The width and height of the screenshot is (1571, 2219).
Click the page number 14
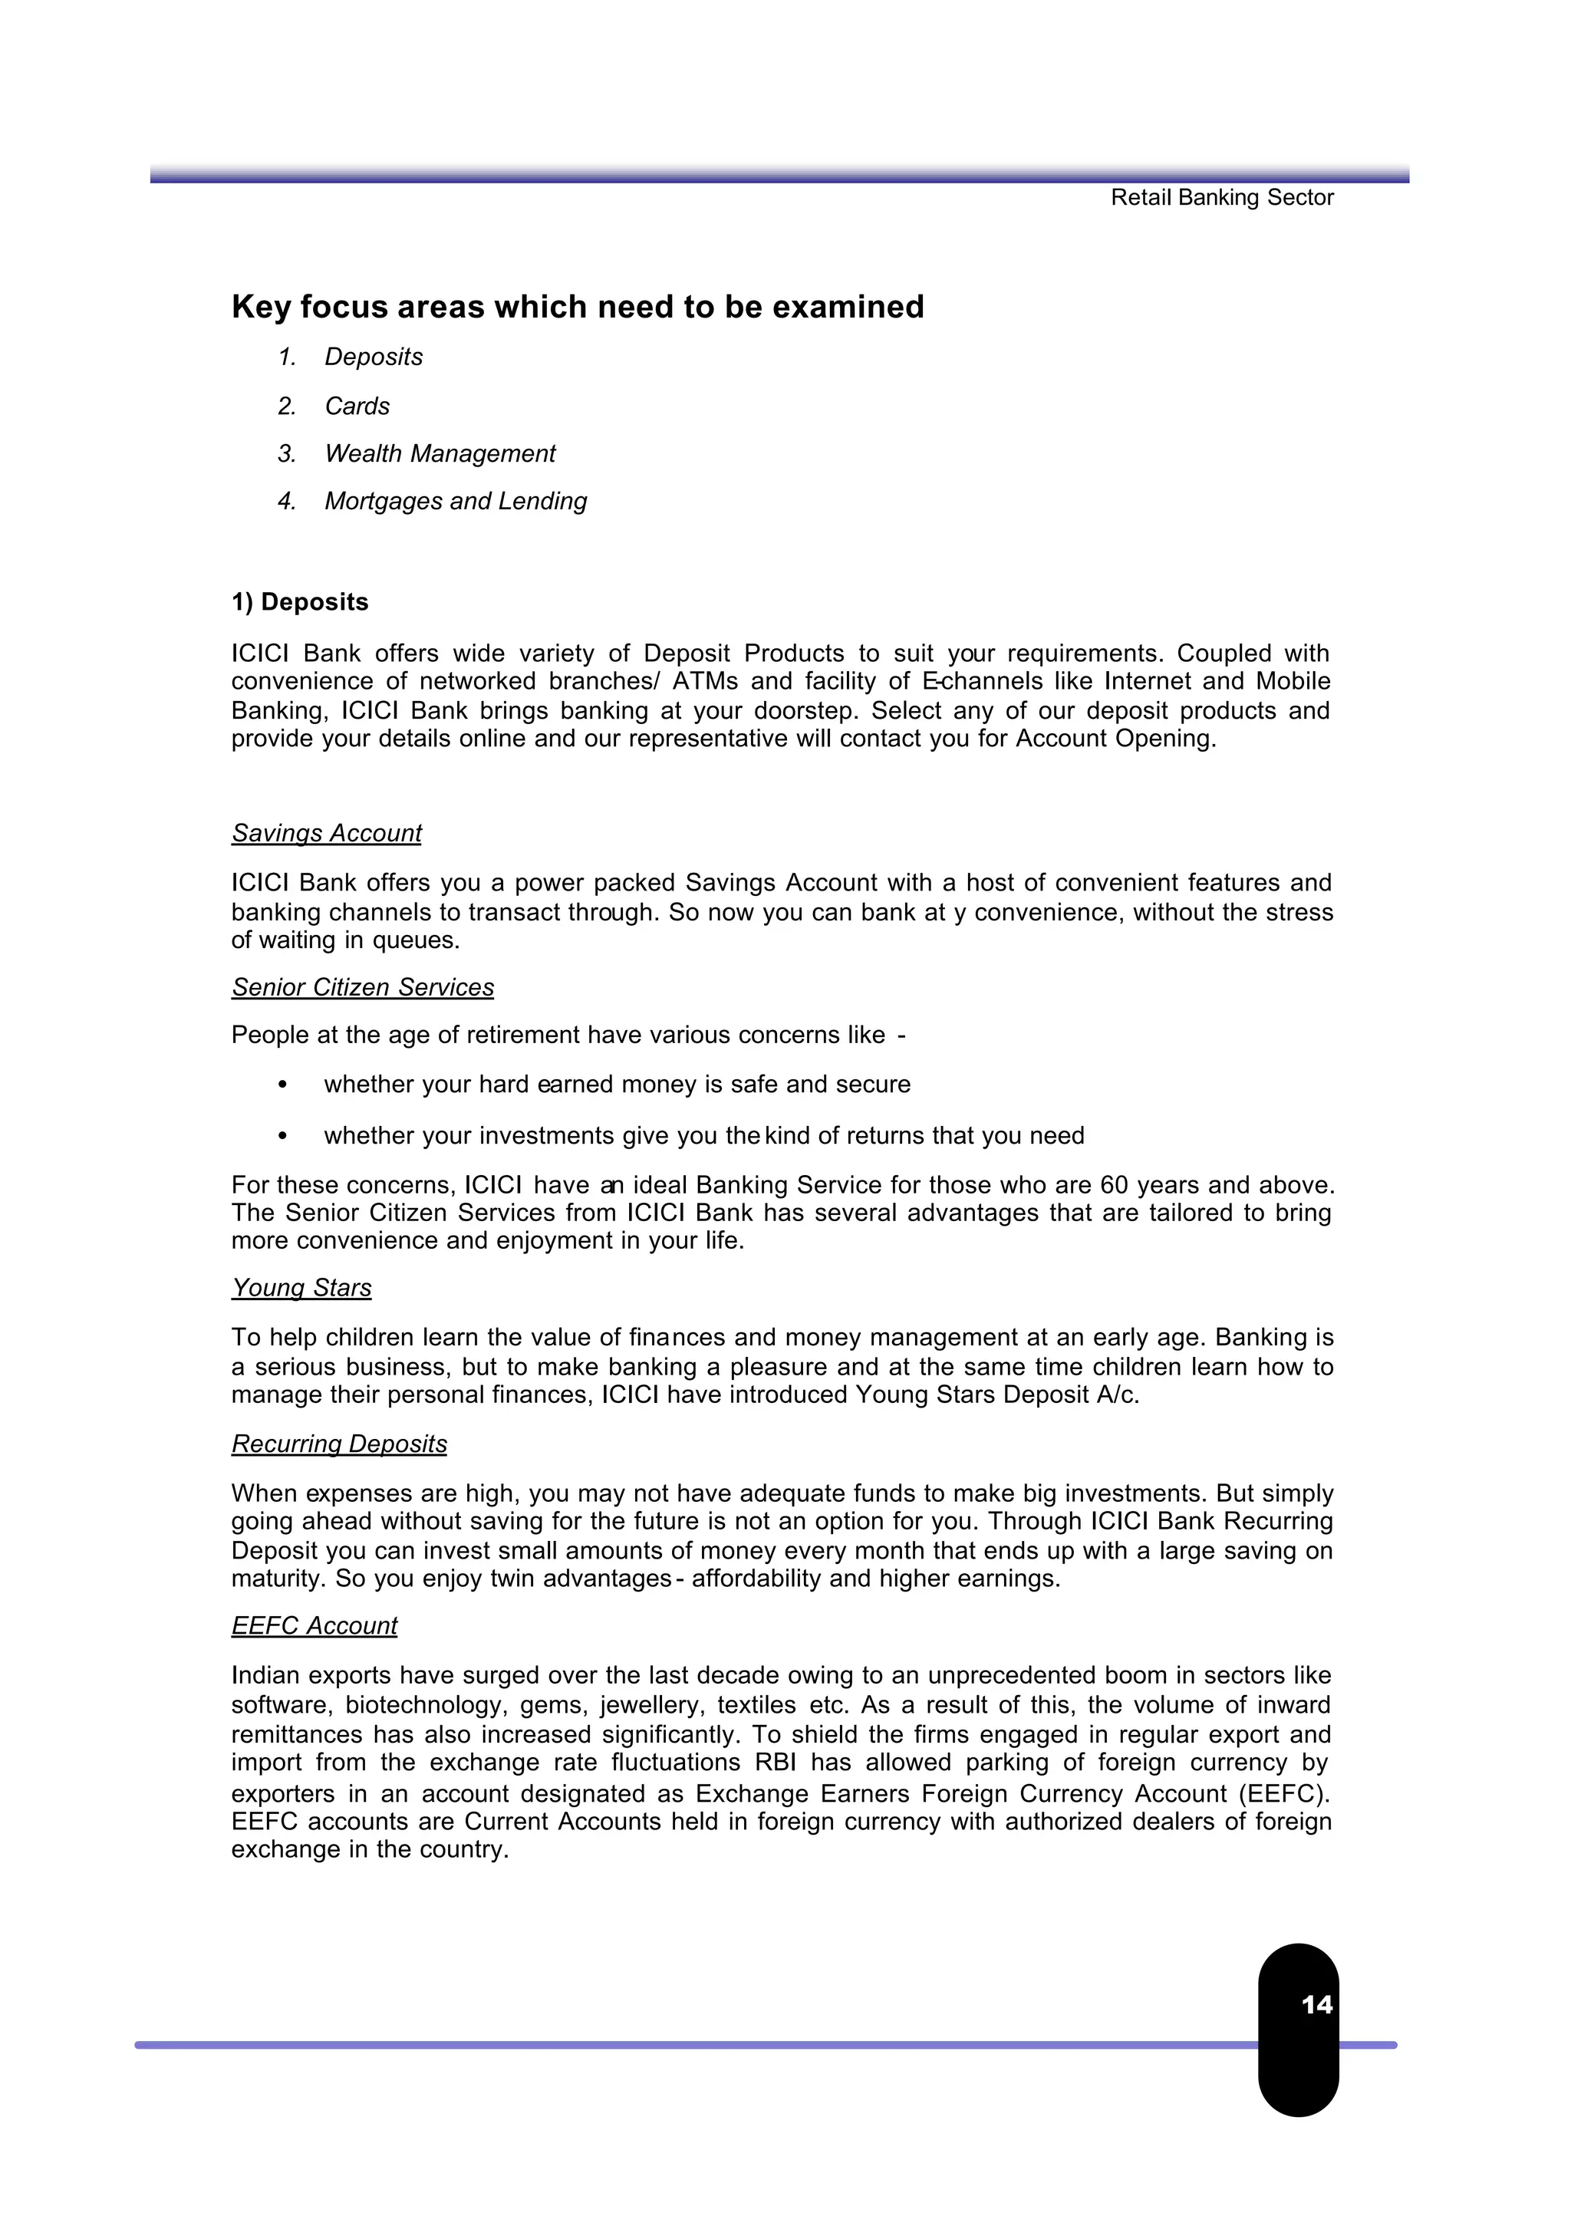tap(1316, 2004)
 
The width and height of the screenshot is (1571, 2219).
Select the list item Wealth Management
tap(440, 453)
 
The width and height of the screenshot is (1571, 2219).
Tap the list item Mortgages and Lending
tap(456, 501)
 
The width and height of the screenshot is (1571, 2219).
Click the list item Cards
tap(357, 407)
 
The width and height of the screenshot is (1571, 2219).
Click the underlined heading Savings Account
tap(327, 833)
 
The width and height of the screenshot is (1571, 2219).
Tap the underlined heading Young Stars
tap(301, 1288)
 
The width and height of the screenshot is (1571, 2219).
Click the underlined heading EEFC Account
tap(315, 1625)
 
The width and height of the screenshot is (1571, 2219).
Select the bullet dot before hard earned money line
tap(282, 1085)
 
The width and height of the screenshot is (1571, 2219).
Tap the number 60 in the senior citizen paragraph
tap(1115, 1185)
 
